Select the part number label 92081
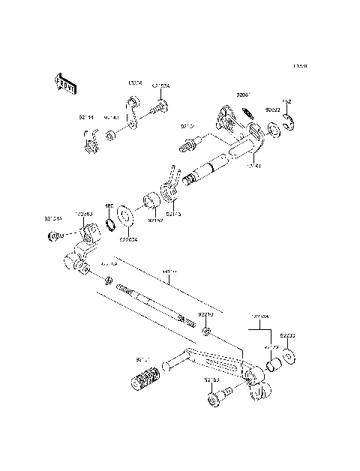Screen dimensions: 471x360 pyautogui.click(x=244, y=95)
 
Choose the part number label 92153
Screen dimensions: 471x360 pyautogui.click(x=211, y=380)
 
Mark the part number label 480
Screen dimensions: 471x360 pyautogui.click(x=108, y=205)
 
